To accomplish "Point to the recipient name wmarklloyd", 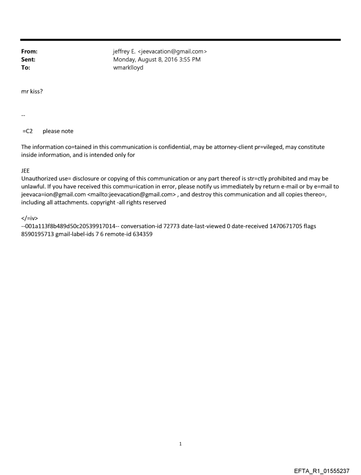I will pos(128,68).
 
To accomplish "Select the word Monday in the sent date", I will pos(126,59).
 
